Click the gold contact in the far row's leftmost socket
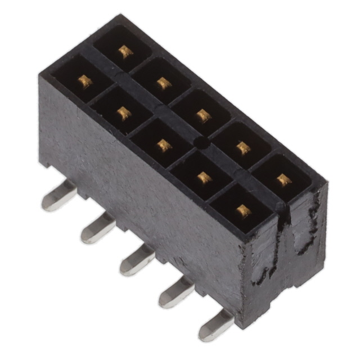pos(125,52)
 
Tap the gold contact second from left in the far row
pos(164,83)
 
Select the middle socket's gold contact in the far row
pos(203,116)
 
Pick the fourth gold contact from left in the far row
pos(243,148)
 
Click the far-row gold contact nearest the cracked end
pos(284,180)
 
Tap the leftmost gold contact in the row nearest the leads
pos(84,82)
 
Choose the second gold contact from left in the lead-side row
pos(124,114)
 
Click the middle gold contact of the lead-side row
pos(164,146)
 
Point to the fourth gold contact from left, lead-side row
pos(204,178)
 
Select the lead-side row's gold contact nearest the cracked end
pos(243,210)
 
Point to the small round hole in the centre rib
pos(201,144)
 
